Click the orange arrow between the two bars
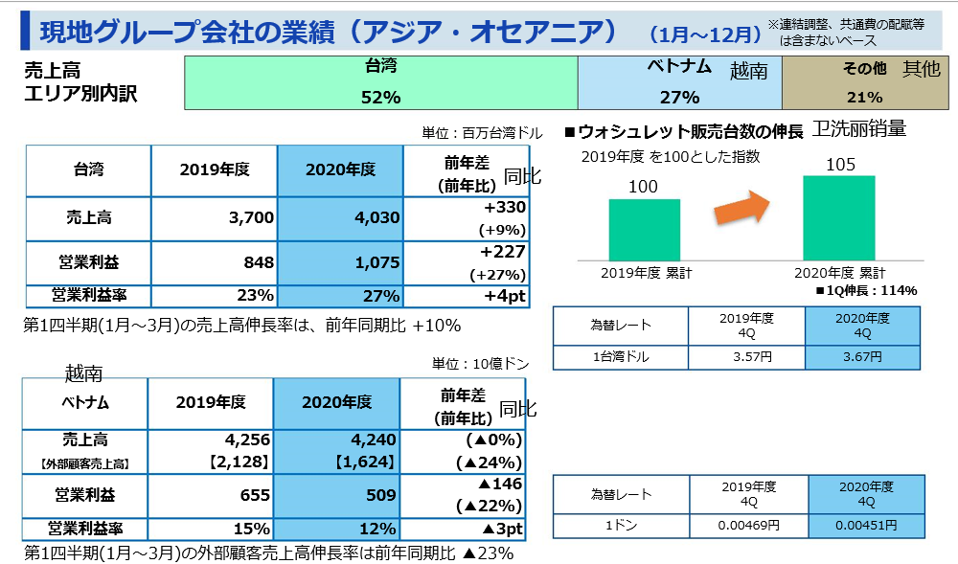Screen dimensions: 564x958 click(x=741, y=209)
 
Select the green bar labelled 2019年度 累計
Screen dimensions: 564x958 click(x=645, y=229)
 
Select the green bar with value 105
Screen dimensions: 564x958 click(x=839, y=217)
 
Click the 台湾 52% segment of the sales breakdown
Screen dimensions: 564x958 click(x=380, y=81)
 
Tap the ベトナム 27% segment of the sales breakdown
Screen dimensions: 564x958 click(x=679, y=81)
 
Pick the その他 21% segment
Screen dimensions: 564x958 click(x=863, y=81)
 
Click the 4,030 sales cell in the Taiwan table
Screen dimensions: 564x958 click(x=339, y=217)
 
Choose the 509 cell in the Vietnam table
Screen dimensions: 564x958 click(x=335, y=496)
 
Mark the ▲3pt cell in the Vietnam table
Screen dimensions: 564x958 click(x=464, y=529)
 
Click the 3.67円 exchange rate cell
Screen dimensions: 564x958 click(x=862, y=357)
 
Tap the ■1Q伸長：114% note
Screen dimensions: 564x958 click(x=866, y=290)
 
